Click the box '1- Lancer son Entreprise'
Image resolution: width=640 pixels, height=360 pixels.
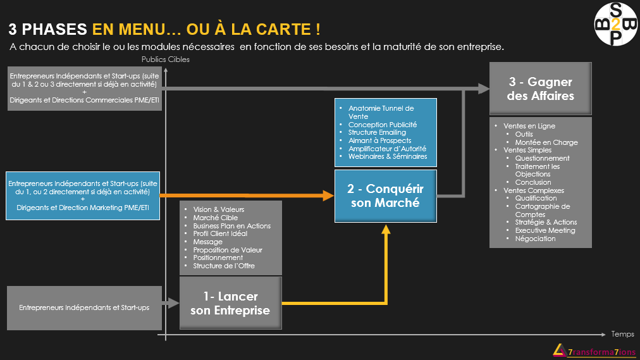pyautogui.click(x=231, y=303)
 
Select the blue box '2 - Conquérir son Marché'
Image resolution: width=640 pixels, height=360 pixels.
pyautogui.click(x=386, y=196)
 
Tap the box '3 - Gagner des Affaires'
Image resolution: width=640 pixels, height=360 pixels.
pyautogui.click(x=541, y=89)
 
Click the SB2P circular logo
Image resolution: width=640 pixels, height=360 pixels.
pyautogui.click(x=615, y=23)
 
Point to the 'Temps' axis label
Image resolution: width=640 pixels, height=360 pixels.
pyautogui.click(x=622, y=334)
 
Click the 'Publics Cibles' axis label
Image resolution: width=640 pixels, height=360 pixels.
pyautogui.click(x=165, y=59)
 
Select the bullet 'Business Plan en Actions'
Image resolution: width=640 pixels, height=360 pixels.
pyautogui.click(x=232, y=226)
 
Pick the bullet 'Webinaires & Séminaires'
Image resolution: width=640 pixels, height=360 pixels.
pyautogui.click(x=388, y=156)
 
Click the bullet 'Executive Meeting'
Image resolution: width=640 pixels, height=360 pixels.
pyautogui.click(x=545, y=230)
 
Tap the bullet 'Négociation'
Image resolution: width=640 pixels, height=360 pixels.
pyautogui.click(x=535, y=239)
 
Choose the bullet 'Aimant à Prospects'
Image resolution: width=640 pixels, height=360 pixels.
pyautogui.click(x=379, y=140)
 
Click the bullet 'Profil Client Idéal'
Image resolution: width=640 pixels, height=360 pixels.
pyautogui.click(x=220, y=233)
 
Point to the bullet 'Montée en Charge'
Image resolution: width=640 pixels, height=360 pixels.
pyautogui.click(x=546, y=142)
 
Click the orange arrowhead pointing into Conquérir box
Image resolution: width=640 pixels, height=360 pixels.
pyautogui.click(x=329, y=196)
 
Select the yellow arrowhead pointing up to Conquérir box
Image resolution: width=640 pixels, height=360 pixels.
pyautogui.click(x=386, y=229)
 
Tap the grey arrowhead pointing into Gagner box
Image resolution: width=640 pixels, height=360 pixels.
pyautogui.click(x=484, y=89)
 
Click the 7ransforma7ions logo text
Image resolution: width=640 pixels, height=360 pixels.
pyautogui.click(x=601, y=352)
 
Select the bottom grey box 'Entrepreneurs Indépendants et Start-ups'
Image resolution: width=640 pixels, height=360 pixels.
pyautogui.click(x=85, y=307)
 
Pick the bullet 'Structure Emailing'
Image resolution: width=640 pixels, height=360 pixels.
pyautogui.click(x=377, y=132)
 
